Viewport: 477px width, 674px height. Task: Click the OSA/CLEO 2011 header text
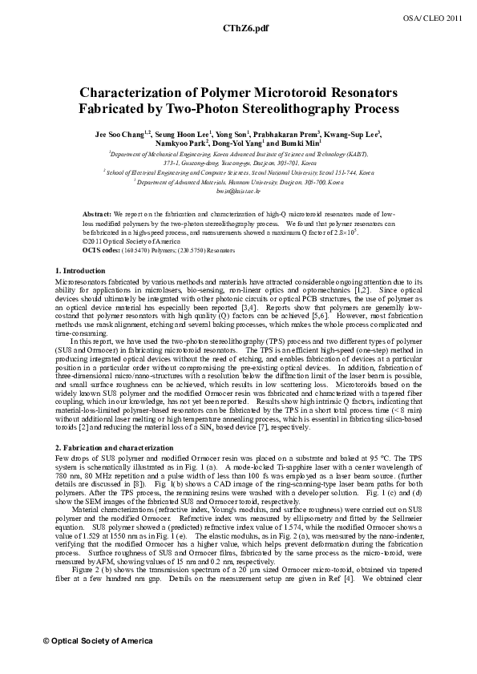[443, 16]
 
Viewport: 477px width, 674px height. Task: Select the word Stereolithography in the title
[284, 107]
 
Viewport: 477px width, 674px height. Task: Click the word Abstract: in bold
[97, 216]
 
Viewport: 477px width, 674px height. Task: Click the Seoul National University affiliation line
[238, 172]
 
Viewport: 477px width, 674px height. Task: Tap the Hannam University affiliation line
[239, 182]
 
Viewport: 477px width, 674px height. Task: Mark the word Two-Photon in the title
[192, 107]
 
